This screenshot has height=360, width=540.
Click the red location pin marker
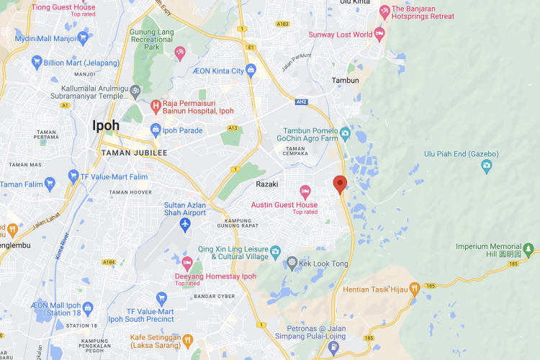[x=340, y=184]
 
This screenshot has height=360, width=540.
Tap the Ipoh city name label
[x=106, y=125]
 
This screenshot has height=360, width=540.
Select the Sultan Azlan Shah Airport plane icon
[x=185, y=225]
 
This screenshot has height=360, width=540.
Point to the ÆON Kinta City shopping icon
[x=251, y=70]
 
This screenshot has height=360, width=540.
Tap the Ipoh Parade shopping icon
[x=155, y=130]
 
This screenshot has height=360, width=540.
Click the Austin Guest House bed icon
[x=305, y=192]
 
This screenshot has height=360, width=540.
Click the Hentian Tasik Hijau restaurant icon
[x=415, y=289]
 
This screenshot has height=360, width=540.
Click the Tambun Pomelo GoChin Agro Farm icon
[x=345, y=132]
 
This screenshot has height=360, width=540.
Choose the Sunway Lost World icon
[x=379, y=34]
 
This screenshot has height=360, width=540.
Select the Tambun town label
[x=345, y=80]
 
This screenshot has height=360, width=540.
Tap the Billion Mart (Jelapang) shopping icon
[x=37, y=63]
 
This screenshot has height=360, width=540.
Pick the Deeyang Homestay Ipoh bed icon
[x=187, y=263]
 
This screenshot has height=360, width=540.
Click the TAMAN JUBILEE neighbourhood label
[x=134, y=153]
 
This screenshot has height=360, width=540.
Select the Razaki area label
[x=267, y=184]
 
